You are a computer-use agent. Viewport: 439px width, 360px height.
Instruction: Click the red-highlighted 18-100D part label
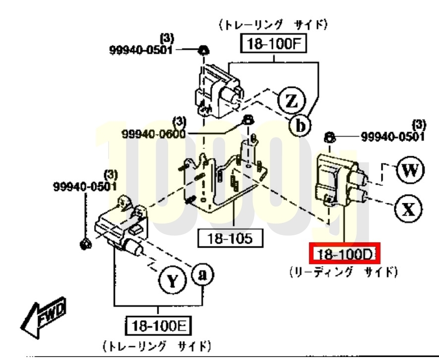pos(345,254)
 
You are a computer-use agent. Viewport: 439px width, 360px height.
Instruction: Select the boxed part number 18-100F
pos(273,43)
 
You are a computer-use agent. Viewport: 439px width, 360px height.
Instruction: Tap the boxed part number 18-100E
pos(158,326)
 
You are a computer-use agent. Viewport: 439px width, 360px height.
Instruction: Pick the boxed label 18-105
pos(231,238)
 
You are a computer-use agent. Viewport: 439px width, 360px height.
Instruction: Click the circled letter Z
pos(292,100)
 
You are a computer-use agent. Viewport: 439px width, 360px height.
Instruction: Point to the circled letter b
pos(300,126)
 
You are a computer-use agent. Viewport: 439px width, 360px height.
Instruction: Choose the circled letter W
pos(410,170)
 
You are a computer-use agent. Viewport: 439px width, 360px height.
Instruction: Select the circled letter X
pos(408,209)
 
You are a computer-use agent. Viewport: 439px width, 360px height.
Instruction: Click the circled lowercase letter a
pos(202,275)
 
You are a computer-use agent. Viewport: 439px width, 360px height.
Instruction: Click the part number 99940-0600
pos(154,134)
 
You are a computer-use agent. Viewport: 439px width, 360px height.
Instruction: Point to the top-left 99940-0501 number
pos(141,50)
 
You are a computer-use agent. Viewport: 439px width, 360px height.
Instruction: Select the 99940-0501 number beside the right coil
pos(393,137)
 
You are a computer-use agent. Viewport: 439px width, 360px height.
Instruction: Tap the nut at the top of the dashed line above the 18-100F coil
pos(203,51)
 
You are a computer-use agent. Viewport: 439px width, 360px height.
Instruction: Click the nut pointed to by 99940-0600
pos(248,120)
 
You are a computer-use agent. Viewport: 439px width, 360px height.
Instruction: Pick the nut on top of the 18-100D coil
pos(329,138)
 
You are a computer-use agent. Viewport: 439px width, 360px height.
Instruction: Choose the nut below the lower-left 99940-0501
pos(85,244)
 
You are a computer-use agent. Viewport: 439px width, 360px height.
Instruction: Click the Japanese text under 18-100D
pos(344,272)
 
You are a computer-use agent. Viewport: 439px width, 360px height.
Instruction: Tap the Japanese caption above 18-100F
pos(273,25)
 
